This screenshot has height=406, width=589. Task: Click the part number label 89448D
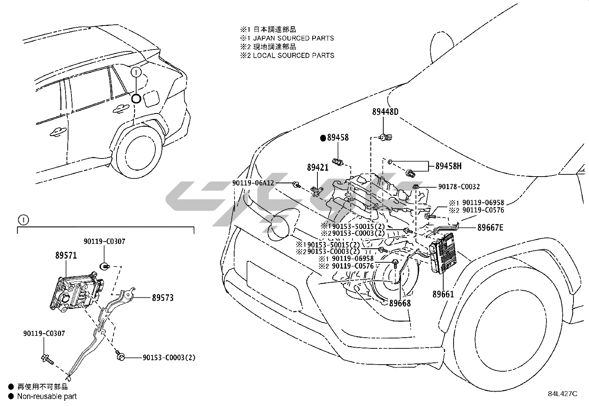(385, 112)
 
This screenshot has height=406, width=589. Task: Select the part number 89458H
(448, 166)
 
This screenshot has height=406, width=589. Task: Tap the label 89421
(317, 168)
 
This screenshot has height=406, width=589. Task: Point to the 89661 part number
(443, 294)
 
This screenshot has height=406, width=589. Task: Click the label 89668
(400, 303)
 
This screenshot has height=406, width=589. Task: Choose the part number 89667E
(490, 228)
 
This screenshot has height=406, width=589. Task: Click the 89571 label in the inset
(66, 255)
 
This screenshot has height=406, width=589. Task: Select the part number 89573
(162, 297)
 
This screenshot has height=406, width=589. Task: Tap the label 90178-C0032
(459, 187)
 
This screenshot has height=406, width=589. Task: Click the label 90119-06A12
(253, 183)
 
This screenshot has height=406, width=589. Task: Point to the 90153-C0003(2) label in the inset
(169, 357)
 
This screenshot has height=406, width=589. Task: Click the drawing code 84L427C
(562, 394)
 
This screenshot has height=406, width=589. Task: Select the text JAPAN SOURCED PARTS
(293, 38)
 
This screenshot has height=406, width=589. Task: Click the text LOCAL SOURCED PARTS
(293, 55)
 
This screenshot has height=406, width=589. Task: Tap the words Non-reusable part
(47, 396)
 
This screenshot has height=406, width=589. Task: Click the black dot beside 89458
(323, 138)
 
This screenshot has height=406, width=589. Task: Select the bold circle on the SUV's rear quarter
(136, 98)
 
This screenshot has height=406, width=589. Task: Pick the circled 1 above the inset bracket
(23, 220)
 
